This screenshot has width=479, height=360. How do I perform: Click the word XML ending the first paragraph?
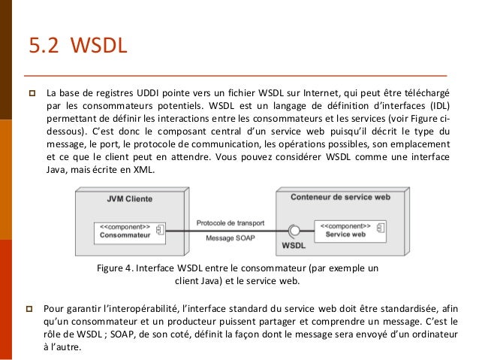(x=147, y=171)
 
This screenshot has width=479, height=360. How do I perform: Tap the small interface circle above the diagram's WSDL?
(x=294, y=229)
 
